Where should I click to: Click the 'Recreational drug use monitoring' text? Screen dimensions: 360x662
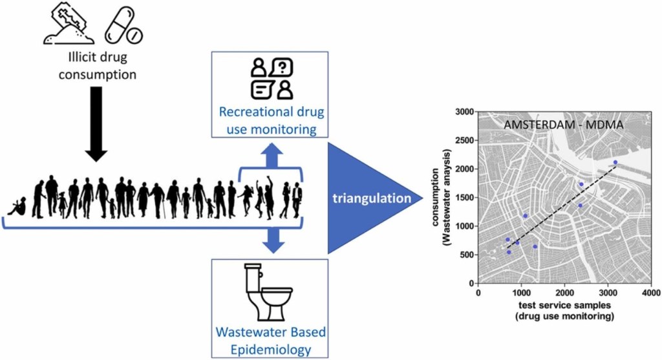point(271,120)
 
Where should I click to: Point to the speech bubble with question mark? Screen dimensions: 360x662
point(282,66)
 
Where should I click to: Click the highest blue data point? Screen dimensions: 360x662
point(615,162)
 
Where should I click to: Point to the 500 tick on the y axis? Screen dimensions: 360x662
point(468,255)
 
